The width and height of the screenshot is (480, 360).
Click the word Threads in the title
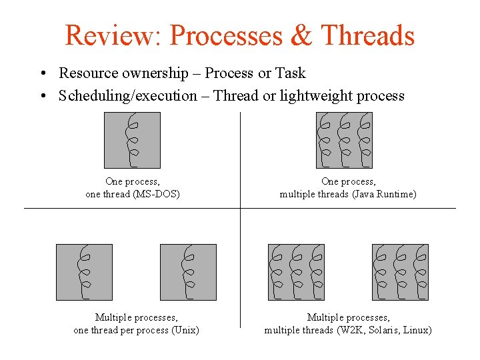pos(367,35)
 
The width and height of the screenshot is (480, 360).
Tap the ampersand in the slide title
pos(301,35)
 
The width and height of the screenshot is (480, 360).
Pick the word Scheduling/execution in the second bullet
pos(128,96)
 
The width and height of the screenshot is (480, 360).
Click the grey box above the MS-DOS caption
pos(132,140)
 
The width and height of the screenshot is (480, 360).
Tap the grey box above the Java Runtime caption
pos(344,140)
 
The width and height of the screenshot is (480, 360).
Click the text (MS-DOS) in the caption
pos(157,194)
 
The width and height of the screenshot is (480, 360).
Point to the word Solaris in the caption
pos(383,330)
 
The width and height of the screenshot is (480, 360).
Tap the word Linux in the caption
pos(416,330)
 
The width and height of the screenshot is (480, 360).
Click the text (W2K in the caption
pos(349,330)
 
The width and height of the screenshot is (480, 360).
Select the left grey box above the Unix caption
pos(84,272)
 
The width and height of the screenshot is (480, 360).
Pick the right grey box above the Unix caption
pos(188,272)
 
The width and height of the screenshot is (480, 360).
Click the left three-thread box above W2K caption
pos(296,272)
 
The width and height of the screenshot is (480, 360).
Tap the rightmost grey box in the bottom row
pos(400,272)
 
